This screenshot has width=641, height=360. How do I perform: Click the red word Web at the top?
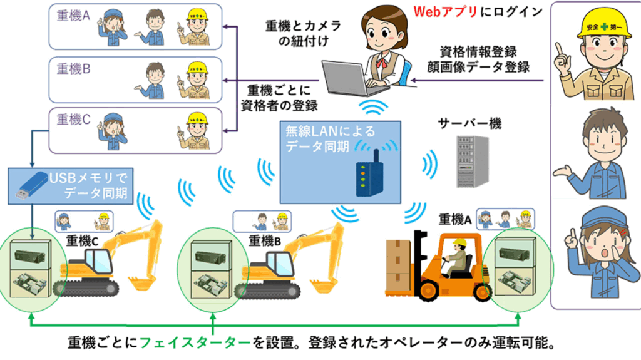point(429,11)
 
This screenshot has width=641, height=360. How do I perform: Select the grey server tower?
point(473,161)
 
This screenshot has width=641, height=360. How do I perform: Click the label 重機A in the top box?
point(73,16)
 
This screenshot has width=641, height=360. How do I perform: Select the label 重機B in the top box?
point(73,69)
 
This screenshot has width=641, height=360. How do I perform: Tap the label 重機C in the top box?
point(73,120)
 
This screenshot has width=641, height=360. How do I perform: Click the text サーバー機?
point(469,123)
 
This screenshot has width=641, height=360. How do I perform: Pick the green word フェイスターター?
point(195,342)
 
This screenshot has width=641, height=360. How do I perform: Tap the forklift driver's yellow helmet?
point(460,242)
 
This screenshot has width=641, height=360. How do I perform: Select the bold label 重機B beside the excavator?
point(265,241)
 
